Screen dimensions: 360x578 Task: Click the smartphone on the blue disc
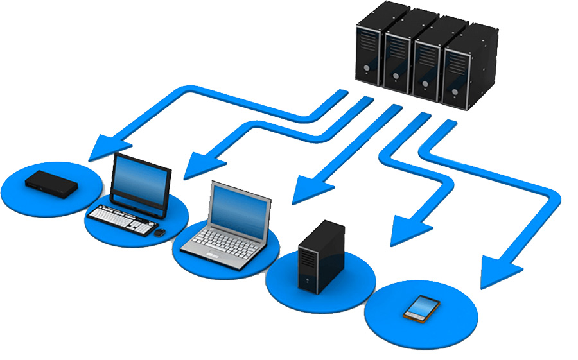(x=422, y=308)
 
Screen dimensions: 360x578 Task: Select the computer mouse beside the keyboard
(x=159, y=232)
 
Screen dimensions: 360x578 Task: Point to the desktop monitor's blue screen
(x=141, y=179)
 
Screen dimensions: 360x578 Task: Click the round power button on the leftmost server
(x=365, y=67)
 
